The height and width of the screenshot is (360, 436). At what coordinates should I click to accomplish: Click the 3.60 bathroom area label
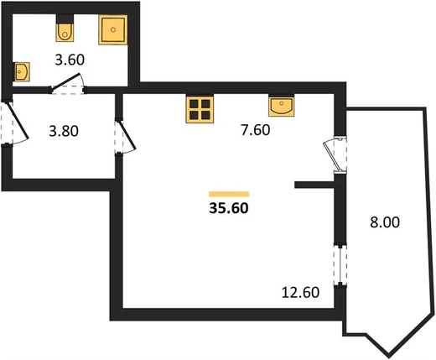pyautogui.click(x=70, y=60)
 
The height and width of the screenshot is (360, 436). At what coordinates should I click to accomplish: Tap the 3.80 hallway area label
pyautogui.click(x=64, y=131)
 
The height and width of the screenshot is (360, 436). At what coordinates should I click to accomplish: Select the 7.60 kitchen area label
pyautogui.click(x=256, y=130)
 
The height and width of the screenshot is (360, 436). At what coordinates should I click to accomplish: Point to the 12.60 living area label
pyautogui.click(x=300, y=293)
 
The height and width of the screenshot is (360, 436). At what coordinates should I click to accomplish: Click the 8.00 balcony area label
pyautogui.click(x=385, y=222)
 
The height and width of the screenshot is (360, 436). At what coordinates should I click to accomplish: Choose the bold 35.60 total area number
pyautogui.click(x=229, y=208)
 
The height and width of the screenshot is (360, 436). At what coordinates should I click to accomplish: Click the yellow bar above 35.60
pyautogui.click(x=229, y=194)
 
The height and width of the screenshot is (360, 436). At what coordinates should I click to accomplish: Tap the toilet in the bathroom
pyautogui.click(x=65, y=33)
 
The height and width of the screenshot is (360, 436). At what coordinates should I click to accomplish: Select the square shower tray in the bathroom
pyautogui.click(x=113, y=29)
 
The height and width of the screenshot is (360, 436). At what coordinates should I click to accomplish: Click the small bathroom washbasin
pyautogui.click(x=22, y=72)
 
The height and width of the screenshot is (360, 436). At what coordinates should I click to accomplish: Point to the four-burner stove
pyautogui.click(x=200, y=110)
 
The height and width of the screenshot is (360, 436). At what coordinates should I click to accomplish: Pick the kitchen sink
pyautogui.click(x=282, y=106)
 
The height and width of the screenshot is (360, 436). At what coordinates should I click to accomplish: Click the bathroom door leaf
pyautogui.click(x=66, y=82)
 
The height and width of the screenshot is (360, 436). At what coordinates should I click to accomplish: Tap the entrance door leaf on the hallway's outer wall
pyautogui.click(x=18, y=121)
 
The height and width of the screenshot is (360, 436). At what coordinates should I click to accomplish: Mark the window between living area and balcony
pyautogui.click(x=340, y=266)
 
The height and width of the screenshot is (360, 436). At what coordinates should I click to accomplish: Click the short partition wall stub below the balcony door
pyautogui.click(x=314, y=185)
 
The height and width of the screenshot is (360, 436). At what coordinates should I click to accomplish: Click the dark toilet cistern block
pyautogui.click(x=65, y=19)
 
